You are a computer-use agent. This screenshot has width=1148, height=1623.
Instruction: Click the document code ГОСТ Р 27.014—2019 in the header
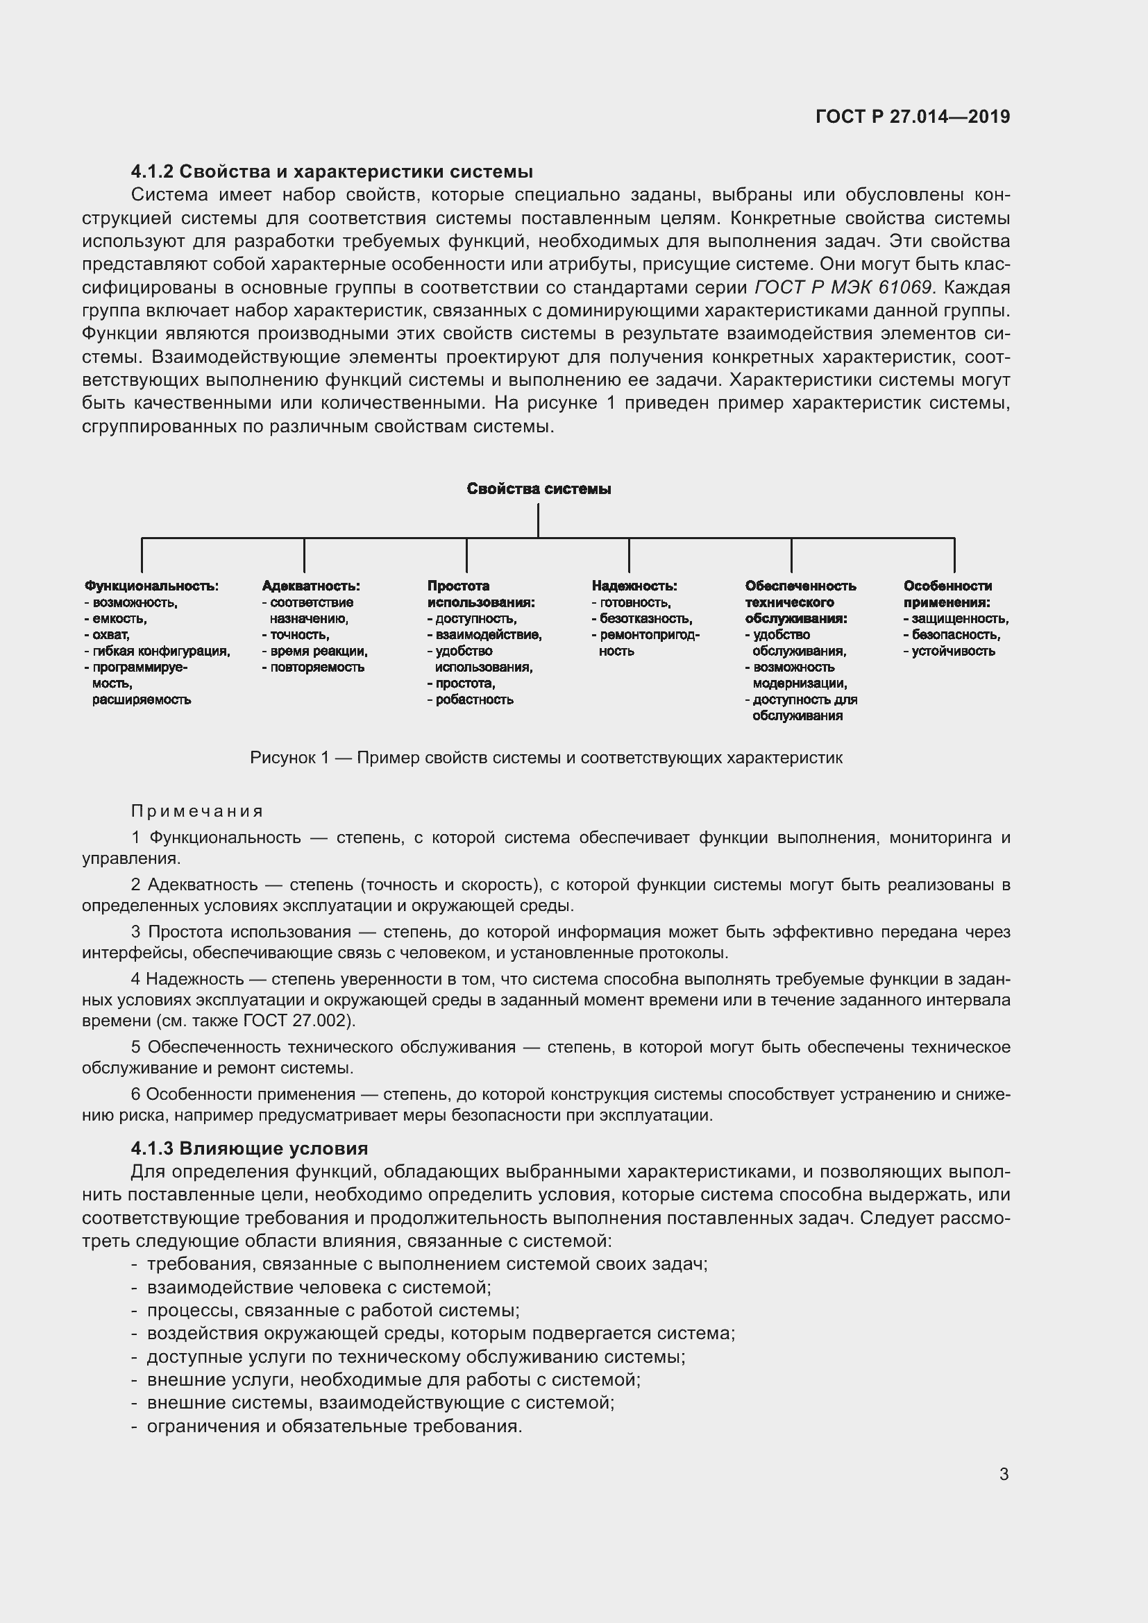(913, 117)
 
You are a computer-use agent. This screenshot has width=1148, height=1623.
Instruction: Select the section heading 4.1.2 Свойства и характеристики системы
(332, 172)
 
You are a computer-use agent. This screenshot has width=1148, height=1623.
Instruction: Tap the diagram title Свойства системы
(539, 488)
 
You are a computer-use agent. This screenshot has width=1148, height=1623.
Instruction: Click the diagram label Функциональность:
(151, 586)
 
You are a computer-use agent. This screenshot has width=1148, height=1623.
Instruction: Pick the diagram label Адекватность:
(310, 586)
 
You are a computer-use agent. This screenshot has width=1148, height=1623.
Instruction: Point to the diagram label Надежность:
(634, 586)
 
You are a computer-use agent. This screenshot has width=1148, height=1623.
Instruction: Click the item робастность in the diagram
(474, 700)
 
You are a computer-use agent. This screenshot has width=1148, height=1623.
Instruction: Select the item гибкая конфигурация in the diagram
(161, 651)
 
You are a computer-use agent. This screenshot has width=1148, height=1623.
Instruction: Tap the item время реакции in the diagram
(318, 651)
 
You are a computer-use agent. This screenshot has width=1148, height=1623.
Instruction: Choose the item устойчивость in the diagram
(953, 651)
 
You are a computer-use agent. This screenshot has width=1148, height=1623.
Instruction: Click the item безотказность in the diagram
(645, 618)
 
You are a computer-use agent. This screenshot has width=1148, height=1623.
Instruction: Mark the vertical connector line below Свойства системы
(539, 520)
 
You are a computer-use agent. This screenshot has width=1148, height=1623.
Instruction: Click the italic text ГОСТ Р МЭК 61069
(844, 288)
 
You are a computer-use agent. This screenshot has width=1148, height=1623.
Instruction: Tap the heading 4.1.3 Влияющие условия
(250, 1148)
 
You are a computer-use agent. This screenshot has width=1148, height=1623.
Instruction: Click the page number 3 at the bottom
(1004, 1474)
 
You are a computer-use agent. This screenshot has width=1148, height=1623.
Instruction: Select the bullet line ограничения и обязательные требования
(334, 1426)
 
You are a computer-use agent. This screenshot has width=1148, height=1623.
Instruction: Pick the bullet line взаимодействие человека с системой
(319, 1287)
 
